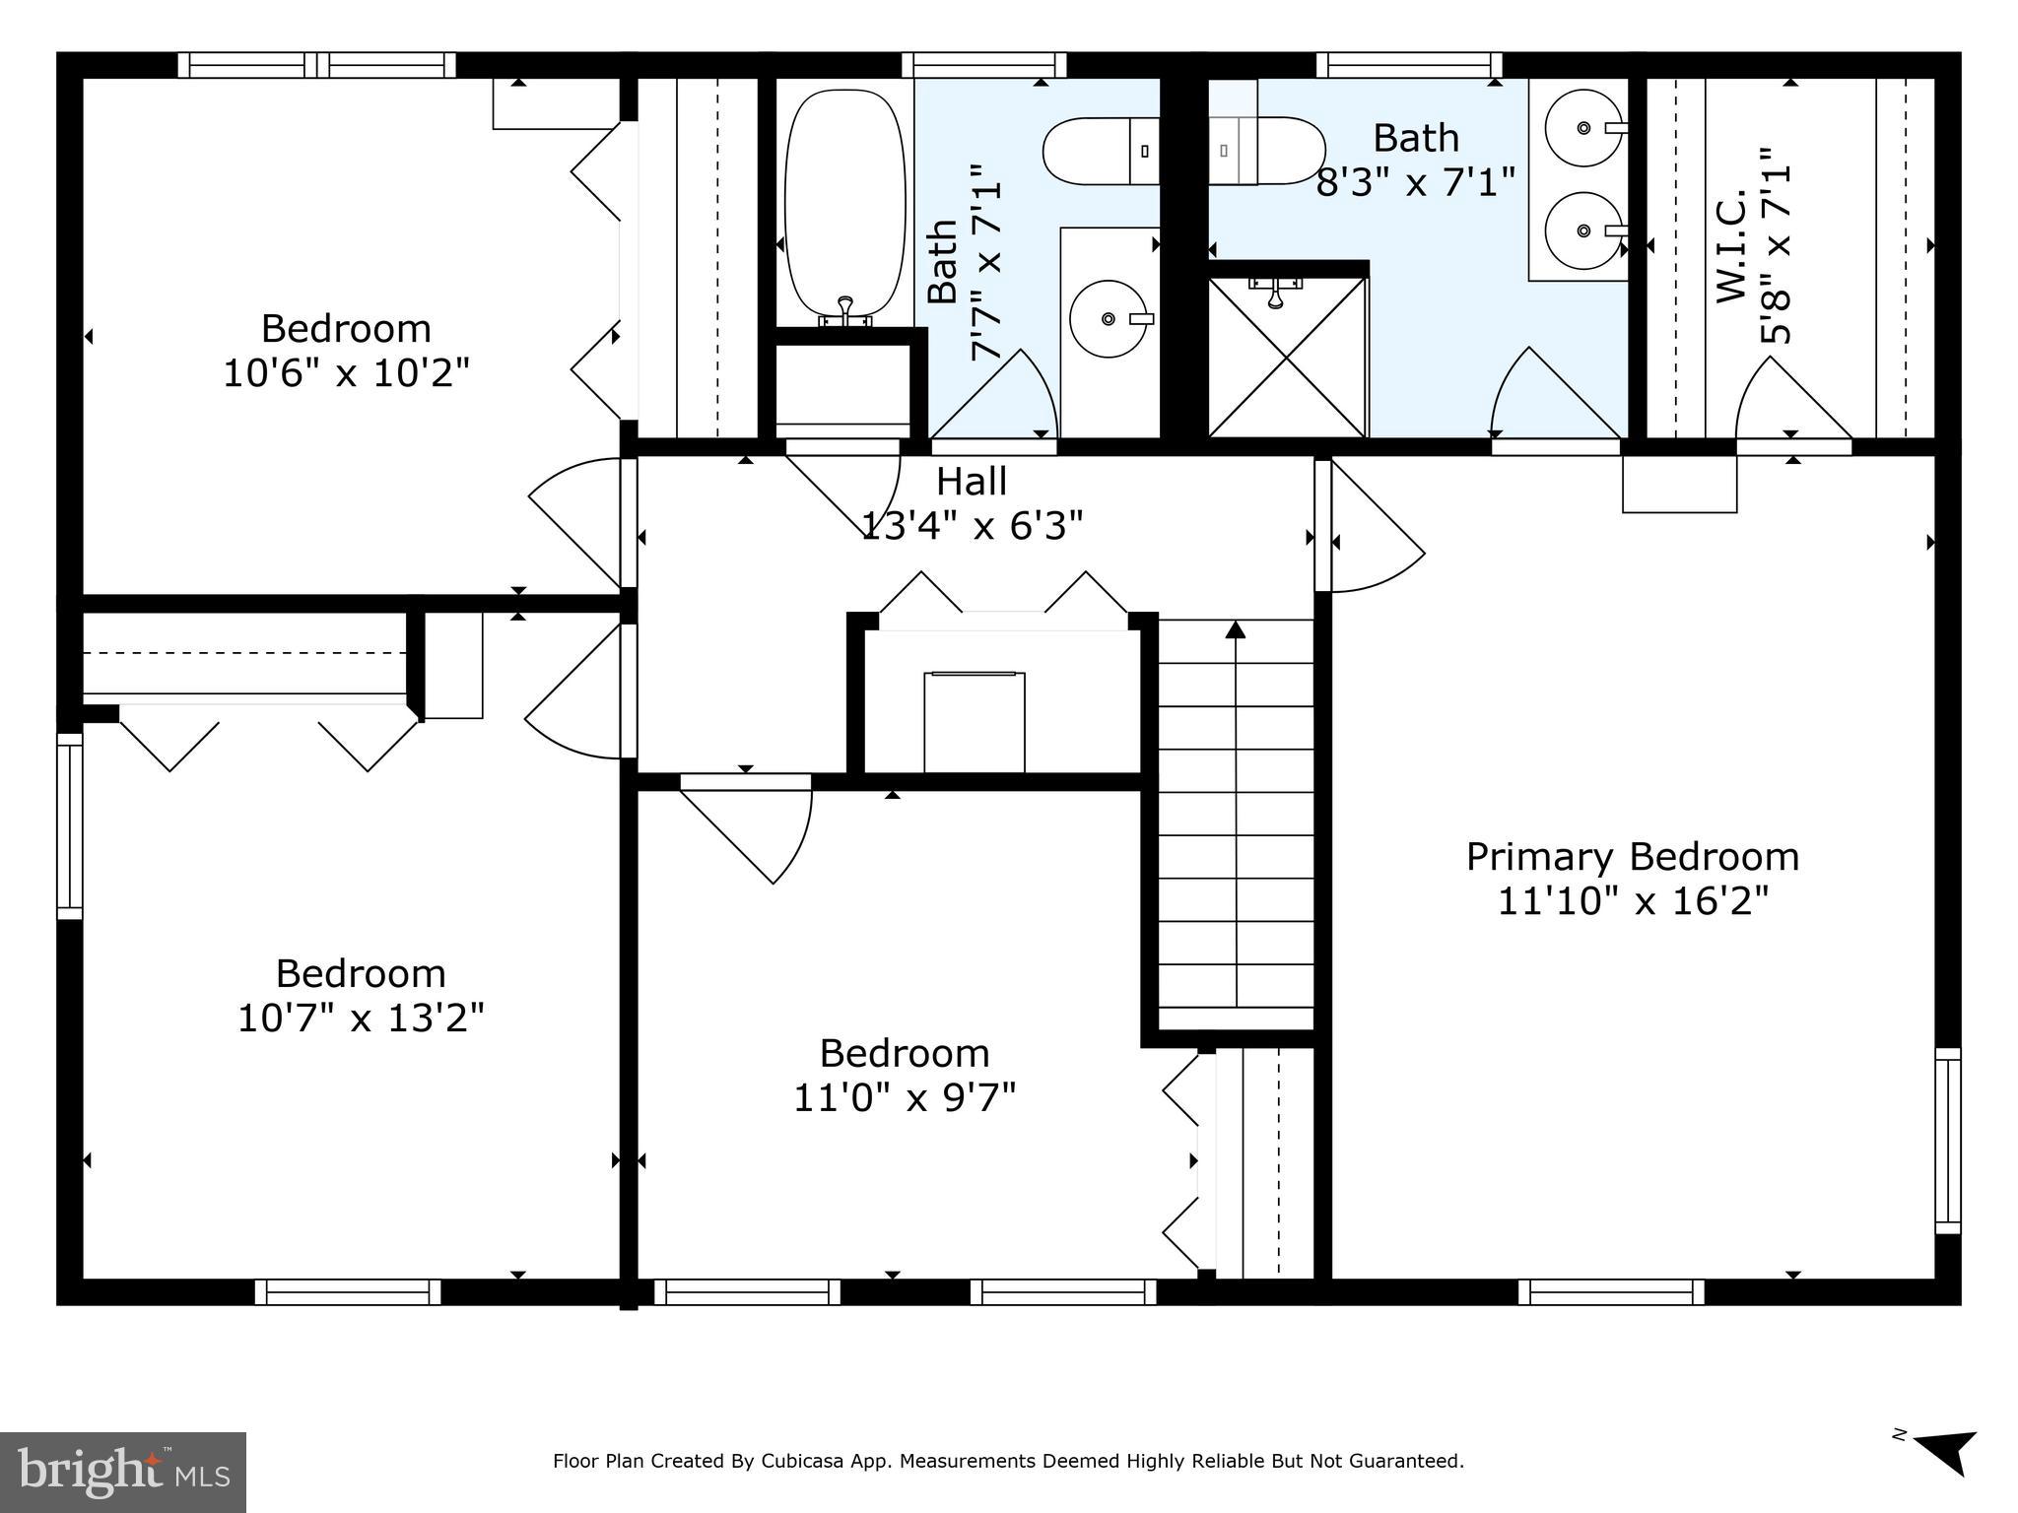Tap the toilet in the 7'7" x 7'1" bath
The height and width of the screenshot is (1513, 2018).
1099,150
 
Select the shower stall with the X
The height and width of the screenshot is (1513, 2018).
1287,357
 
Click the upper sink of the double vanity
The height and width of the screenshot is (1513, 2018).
1582,128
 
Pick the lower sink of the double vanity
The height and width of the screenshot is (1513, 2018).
1582,230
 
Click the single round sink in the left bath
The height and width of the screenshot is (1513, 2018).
1109,318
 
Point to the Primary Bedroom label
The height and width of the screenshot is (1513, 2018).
1632,857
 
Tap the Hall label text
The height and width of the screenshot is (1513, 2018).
971,482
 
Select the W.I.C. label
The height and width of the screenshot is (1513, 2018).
1730,245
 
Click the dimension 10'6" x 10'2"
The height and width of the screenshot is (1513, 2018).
346,373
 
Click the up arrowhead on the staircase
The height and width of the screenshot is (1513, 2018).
1235,628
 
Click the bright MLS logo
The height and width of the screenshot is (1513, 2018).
122,1472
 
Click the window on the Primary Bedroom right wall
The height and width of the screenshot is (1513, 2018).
1947,1141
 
